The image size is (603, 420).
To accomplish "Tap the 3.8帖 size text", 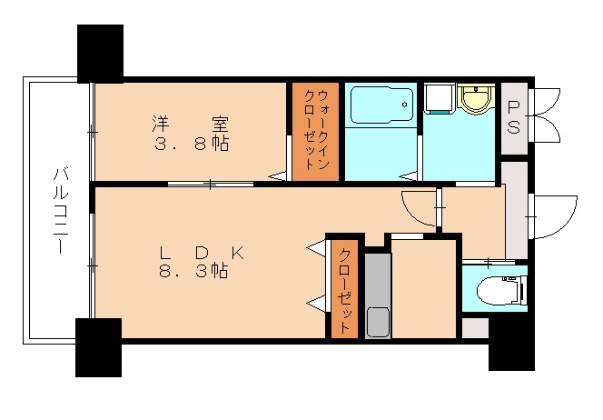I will click(x=191, y=145).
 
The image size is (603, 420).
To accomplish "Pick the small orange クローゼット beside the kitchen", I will click(x=344, y=287).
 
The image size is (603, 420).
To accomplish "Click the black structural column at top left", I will click(x=100, y=54).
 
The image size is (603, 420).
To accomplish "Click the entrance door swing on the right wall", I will click(x=555, y=215).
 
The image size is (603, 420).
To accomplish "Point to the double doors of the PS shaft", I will click(x=546, y=115).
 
